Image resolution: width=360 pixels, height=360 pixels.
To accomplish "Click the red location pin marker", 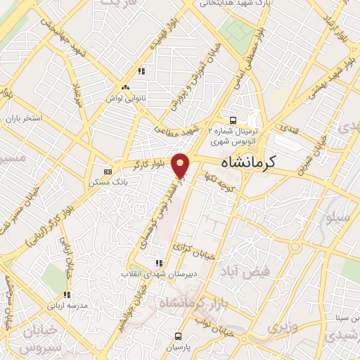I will (x=181, y=165).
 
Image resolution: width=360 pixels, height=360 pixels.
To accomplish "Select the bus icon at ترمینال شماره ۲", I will (x=233, y=120).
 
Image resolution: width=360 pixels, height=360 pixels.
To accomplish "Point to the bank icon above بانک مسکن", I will (x=108, y=172).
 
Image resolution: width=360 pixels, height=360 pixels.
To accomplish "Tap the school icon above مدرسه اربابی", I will (x=68, y=295).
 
